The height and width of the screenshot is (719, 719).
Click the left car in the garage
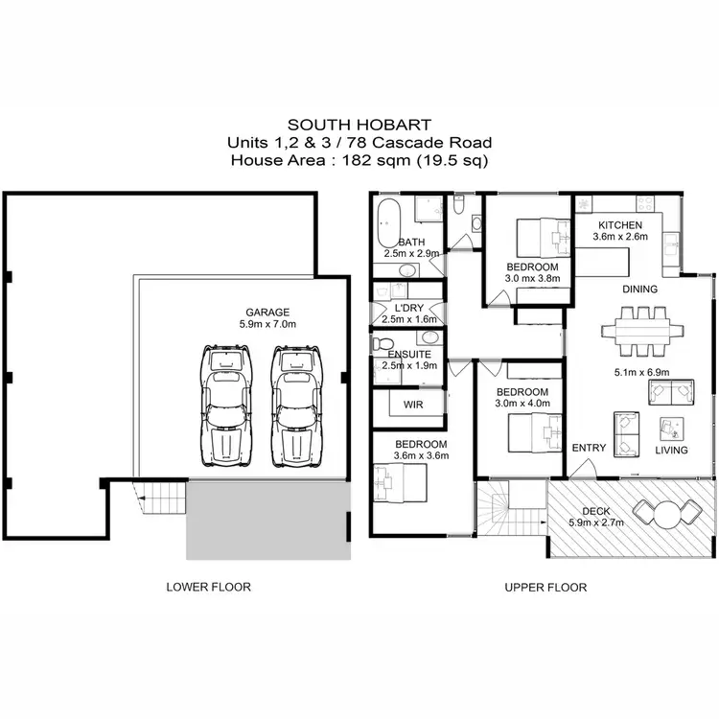226,407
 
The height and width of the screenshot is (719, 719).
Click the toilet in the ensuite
383,344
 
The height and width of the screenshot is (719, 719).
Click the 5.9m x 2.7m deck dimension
595,523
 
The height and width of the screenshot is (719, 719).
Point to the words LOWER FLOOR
208,587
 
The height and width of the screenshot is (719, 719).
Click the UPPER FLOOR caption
545,587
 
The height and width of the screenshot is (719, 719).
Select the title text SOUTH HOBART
359,125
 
